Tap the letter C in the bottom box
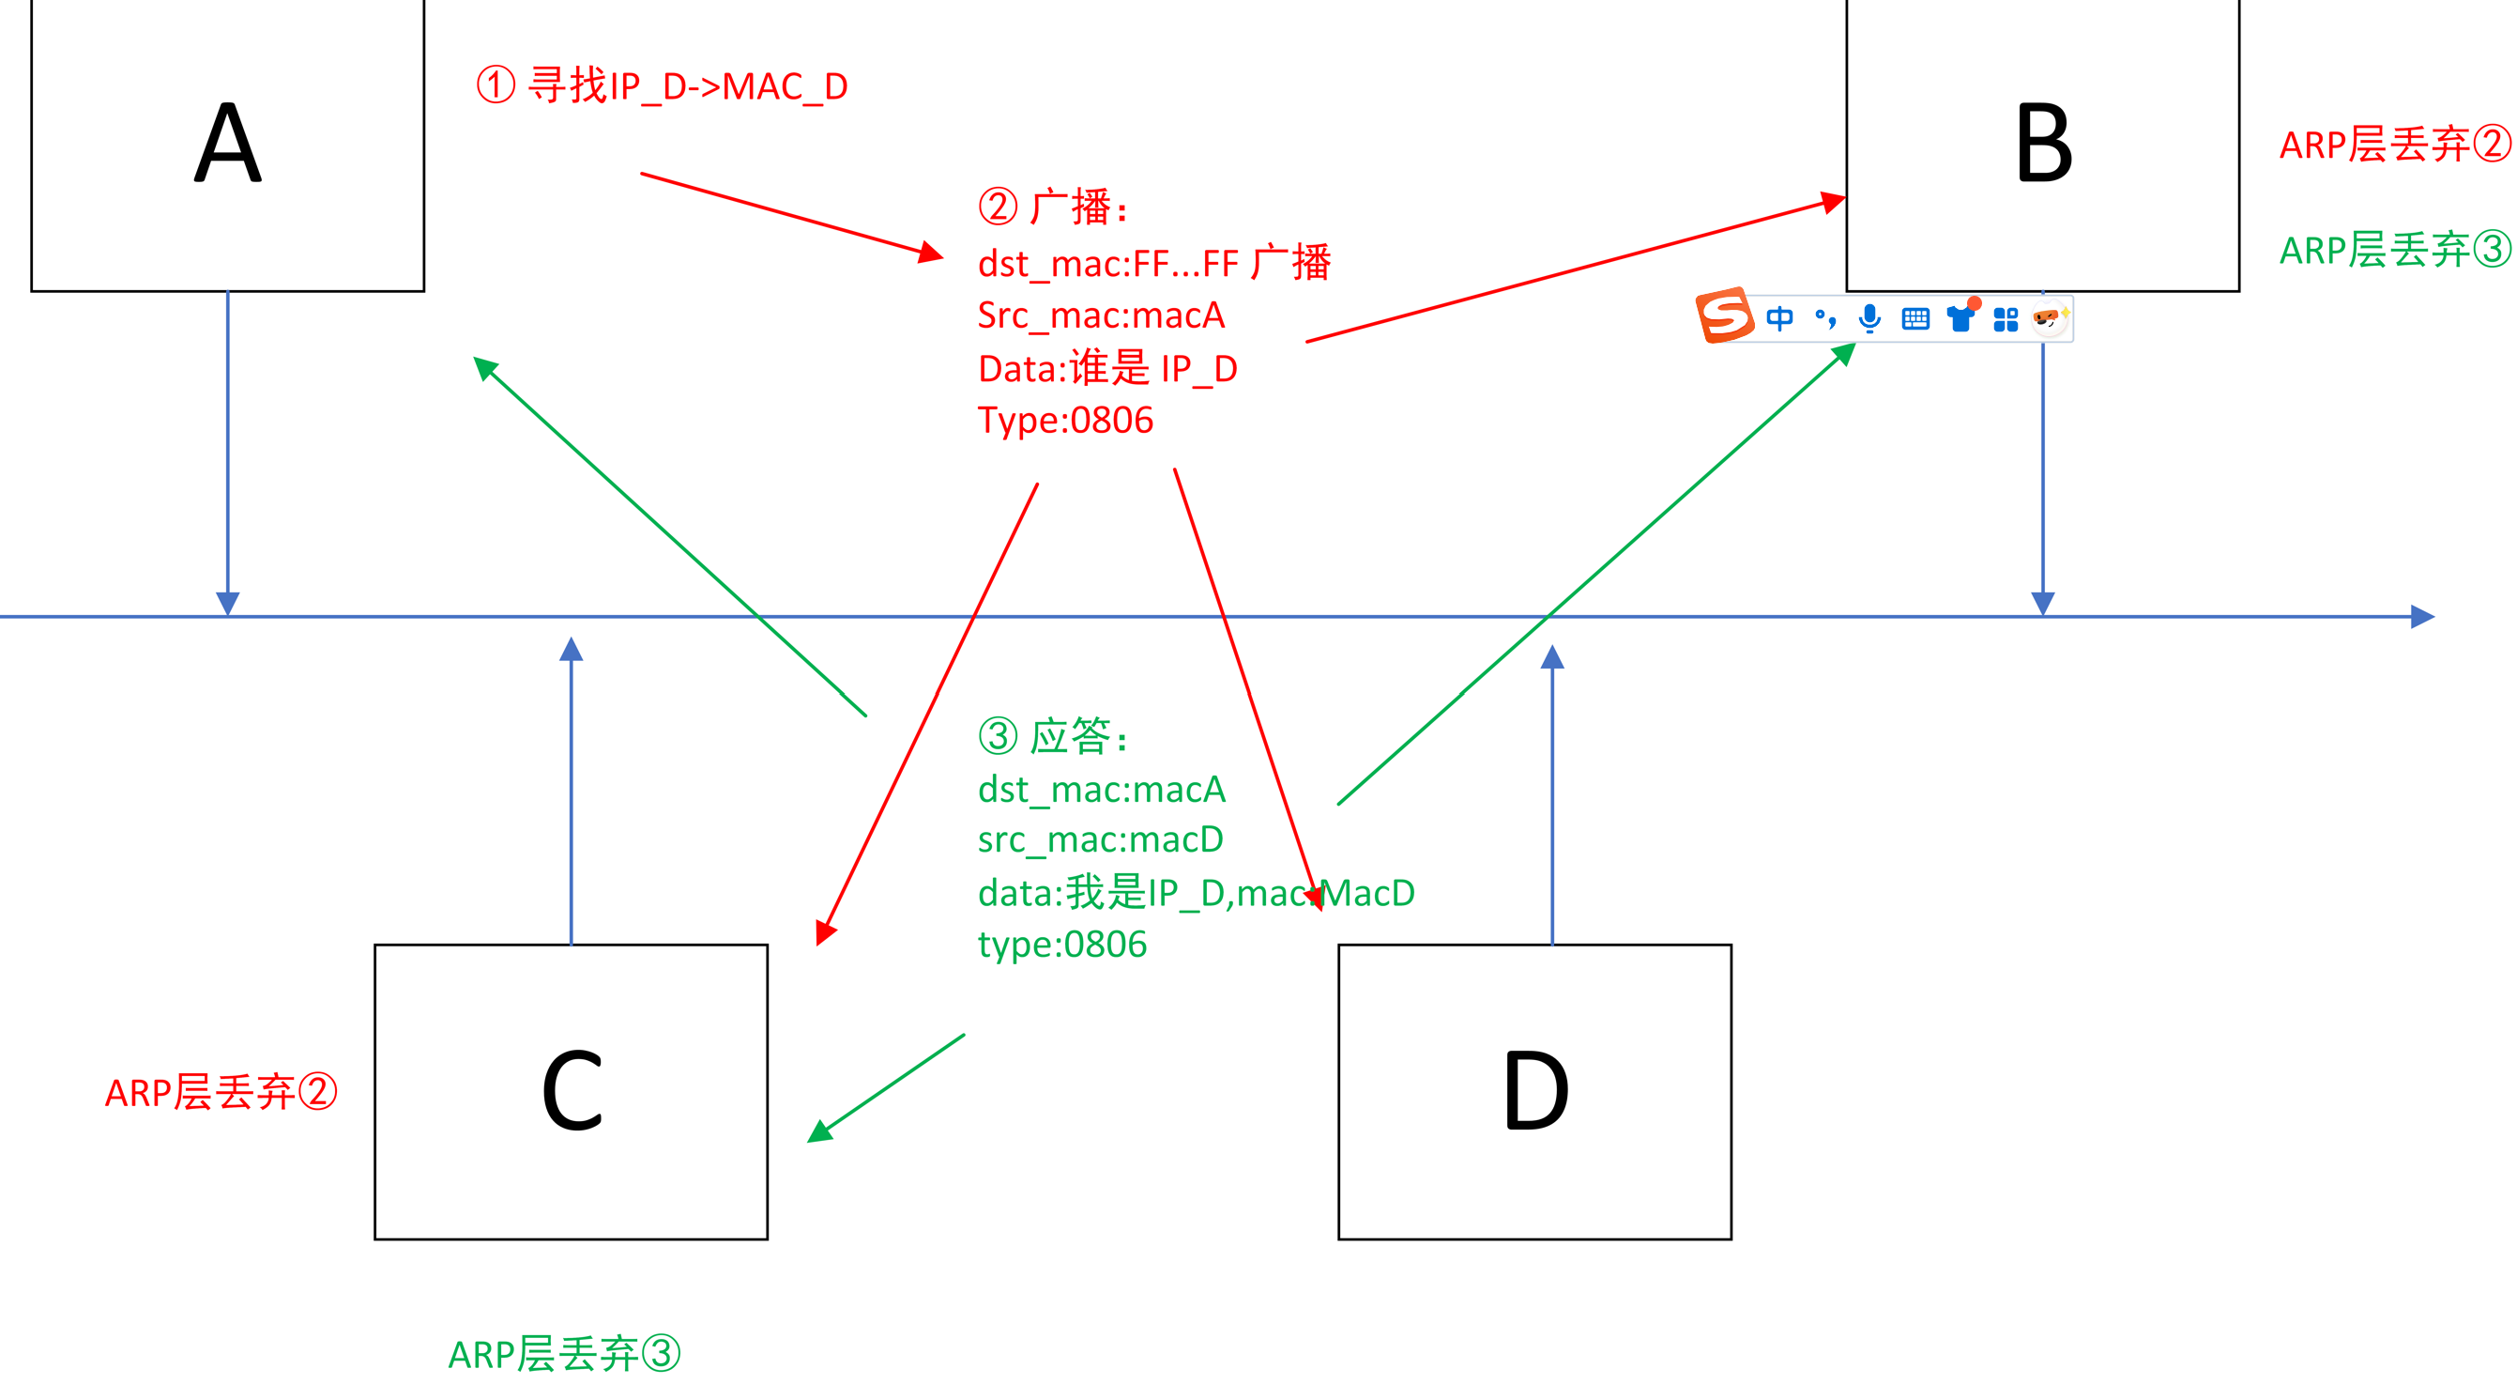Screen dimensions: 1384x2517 572,1091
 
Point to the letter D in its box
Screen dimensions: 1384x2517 1535,1091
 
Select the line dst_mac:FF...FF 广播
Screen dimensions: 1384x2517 1154,263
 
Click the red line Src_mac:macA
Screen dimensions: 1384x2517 1100,315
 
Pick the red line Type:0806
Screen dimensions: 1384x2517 1065,421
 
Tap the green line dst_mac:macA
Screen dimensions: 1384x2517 1101,789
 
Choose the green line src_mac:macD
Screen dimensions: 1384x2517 1100,839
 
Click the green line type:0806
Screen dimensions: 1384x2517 1062,946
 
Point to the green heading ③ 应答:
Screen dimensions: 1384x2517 1053,736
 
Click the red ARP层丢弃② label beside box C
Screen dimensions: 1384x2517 221,1093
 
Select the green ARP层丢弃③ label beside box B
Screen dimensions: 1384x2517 2394,250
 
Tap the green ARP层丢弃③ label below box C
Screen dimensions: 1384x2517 564,1355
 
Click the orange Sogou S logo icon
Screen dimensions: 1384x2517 1724,315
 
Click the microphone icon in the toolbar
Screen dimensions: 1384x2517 1869,318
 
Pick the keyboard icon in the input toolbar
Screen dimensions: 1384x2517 1915,318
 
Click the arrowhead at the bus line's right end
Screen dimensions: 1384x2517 2421,617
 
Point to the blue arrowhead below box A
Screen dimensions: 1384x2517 228,602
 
